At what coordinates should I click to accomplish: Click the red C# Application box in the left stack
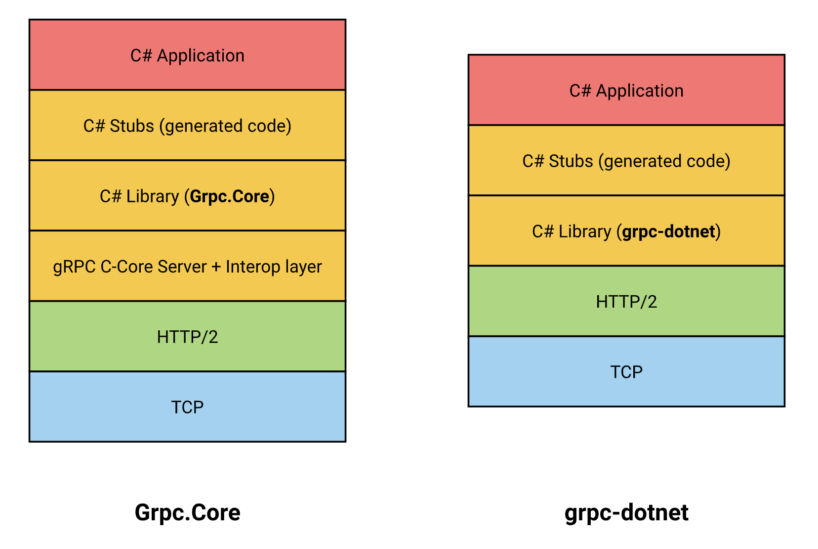point(187,55)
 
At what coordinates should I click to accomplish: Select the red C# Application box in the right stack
point(626,90)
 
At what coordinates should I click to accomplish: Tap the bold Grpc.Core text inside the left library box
point(229,196)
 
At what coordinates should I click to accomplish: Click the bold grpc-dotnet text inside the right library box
point(668,231)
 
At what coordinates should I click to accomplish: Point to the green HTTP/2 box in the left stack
point(187,336)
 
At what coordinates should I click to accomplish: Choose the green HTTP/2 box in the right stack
point(626,301)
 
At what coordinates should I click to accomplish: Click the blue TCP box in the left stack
point(187,407)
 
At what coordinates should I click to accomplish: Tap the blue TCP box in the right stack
point(626,371)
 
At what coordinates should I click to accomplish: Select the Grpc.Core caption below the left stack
point(187,512)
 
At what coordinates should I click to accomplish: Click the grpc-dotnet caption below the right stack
point(626,512)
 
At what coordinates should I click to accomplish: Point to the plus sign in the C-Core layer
point(216,267)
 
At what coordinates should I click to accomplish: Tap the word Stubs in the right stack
point(571,161)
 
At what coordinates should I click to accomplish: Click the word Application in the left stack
point(201,56)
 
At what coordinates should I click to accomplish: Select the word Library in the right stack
point(585,231)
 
